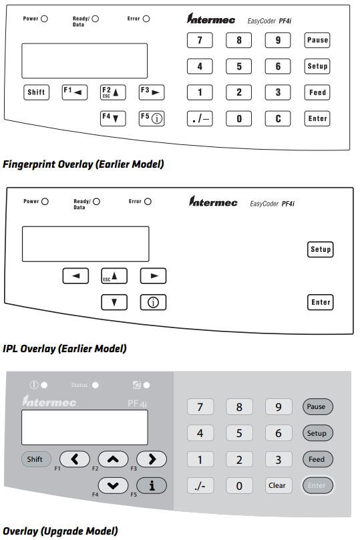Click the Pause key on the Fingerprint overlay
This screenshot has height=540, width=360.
click(317, 40)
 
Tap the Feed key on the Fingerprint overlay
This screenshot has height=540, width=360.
click(317, 92)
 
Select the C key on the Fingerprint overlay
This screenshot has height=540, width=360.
click(278, 119)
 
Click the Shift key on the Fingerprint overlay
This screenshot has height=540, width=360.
click(35, 92)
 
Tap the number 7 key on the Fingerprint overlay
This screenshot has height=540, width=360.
click(199, 40)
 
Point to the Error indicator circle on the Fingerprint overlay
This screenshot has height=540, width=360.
click(146, 19)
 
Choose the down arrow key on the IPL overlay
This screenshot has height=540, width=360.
click(114, 302)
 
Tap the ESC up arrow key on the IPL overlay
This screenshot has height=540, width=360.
click(114, 275)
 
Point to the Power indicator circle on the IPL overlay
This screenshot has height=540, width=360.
click(45, 201)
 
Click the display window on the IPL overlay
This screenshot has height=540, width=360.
click(85, 243)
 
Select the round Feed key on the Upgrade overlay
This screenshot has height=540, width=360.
click(317, 460)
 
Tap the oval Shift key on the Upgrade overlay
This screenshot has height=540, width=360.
click(35, 459)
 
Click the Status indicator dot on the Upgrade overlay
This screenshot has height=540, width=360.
click(96, 385)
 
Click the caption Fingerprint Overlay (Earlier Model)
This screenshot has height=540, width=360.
click(83, 164)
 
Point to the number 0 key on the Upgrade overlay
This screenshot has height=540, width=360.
click(239, 486)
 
